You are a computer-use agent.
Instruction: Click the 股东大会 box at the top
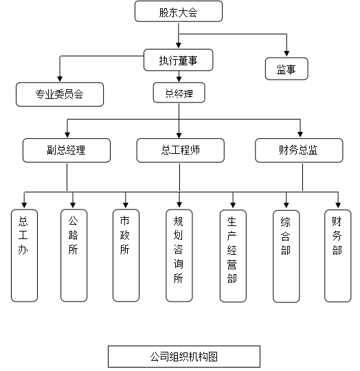tap(179, 12)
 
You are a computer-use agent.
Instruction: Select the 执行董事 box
tap(179, 60)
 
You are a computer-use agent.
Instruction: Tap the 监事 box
tap(286, 69)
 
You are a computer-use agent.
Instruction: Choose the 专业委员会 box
tap(60, 94)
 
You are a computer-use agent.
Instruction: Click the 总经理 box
tap(179, 93)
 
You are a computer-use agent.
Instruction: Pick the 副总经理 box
tap(67, 150)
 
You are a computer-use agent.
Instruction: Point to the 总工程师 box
tap(180, 150)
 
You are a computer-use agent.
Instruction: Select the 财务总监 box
tap(299, 150)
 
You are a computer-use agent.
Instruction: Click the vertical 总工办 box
tap(24, 255)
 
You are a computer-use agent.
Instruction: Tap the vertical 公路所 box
tap(74, 255)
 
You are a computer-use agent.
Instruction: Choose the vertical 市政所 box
tap(125, 255)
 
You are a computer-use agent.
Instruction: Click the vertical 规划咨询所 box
tap(179, 255)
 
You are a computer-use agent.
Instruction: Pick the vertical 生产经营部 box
tap(232, 255)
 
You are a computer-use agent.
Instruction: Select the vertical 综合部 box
tap(286, 255)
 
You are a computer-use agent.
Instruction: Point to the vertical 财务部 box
tap(337, 255)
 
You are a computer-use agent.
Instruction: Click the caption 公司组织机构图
tap(183, 357)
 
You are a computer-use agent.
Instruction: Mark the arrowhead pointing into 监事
tap(286, 54)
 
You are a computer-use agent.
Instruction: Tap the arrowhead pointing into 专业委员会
tap(60, 78)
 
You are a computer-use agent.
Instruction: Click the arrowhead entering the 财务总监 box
tap(300, 134)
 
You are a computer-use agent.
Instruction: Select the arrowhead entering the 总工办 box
tap(24, 205)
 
